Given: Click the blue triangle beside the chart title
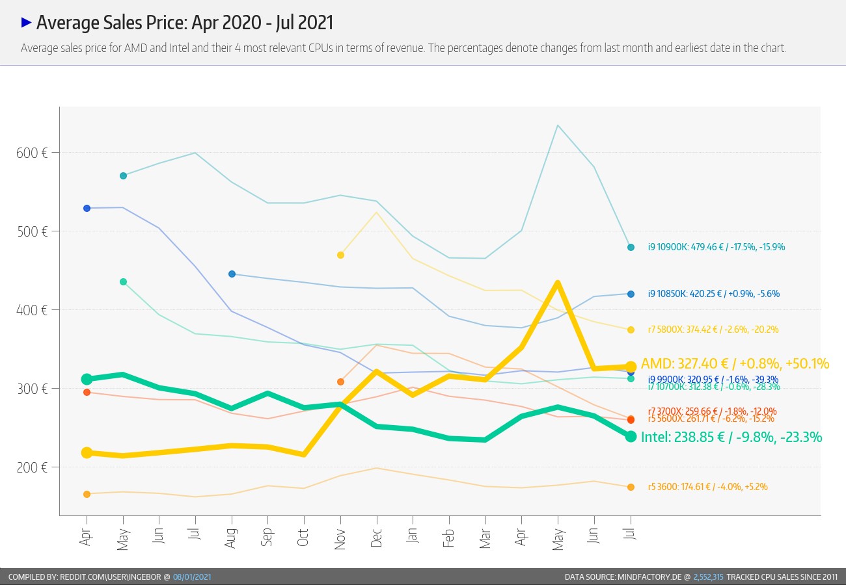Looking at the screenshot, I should pyautogui.click(x=27, y=22).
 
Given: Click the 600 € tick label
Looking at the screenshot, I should pyautogui.click(x=31, y=153).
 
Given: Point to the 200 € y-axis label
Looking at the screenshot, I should pyautogui.click(x=31, y=467).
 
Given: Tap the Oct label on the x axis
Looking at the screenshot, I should pyautogui.click(x=303, y=537).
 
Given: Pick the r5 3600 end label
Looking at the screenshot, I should pyautogui.click(x=712, y=487).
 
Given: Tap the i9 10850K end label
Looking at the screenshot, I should pyautogui.click(x=713, y=294).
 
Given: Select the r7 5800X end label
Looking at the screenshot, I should pyautogui.click(x=713, y=330).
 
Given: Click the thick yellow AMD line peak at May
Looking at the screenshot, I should pyautogui.click(x=558, y=282).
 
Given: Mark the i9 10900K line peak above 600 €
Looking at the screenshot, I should pyautogui.click(x=558, y=125).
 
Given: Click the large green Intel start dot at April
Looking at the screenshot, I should pyautogui.click(x=87, y=379).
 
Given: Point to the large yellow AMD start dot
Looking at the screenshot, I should pyautogui.click(x=87, y=452).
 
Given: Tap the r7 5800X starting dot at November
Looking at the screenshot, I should pyautogui.click(x=340, y=255).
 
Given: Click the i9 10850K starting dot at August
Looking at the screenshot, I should pyautogui.click(x=232, y=274).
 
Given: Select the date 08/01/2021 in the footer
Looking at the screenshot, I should pyautogui.click(x=192, y=577).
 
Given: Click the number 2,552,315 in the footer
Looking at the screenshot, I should pyautogui.click(x=708, y=577).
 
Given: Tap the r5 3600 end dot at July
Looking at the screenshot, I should pyautogui.click(x=631, y=487).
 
